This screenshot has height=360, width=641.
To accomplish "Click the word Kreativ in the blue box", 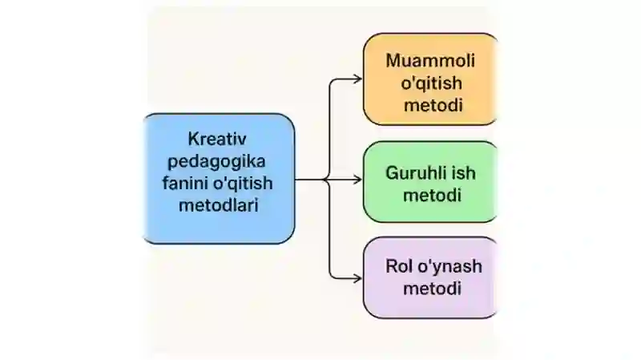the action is [217, 139].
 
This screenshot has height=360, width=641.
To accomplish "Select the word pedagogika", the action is [216, 162].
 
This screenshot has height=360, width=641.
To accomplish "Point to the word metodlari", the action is [218, 205].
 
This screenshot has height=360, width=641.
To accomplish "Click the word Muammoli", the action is [430, 61].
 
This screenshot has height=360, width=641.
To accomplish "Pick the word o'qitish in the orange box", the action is [431, 83].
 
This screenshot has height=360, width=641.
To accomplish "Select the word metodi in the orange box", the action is [433, 105].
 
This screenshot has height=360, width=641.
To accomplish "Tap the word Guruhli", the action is [415, 172].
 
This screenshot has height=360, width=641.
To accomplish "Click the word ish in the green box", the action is [464, 172].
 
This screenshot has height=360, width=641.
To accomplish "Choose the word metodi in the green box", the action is [432, 195].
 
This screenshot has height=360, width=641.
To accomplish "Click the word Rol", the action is [399, 266].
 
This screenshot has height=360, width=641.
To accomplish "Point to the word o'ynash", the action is [450, 267].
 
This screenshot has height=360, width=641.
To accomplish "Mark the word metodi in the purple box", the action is [432, 289].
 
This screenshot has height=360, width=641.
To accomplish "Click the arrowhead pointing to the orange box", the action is [357, 79].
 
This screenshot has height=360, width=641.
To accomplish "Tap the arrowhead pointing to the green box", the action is [357, 179].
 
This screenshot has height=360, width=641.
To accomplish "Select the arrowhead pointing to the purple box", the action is [357, 278].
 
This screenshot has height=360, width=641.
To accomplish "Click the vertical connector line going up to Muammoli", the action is [329, 129].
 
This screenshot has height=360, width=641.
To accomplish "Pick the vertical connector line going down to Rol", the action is [329, 229].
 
